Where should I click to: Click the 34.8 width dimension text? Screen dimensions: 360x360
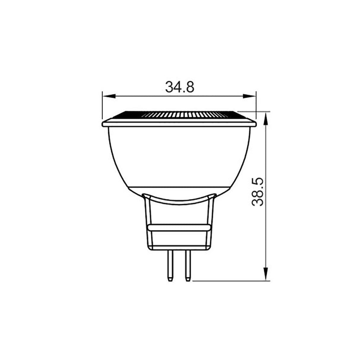(x=180, y=87)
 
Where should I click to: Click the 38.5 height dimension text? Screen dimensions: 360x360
(x=258, y=192)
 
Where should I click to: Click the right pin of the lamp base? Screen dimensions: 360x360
(x=187, y=265)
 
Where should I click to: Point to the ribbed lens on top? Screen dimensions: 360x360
(x=179, y=115)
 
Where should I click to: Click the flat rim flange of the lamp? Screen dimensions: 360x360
(x=179, y=123)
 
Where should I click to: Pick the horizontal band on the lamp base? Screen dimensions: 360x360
(x=179, y=228)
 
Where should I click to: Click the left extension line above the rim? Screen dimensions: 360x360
(x=103, y=106)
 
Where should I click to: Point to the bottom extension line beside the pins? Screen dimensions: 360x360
(x=230, y=281)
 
